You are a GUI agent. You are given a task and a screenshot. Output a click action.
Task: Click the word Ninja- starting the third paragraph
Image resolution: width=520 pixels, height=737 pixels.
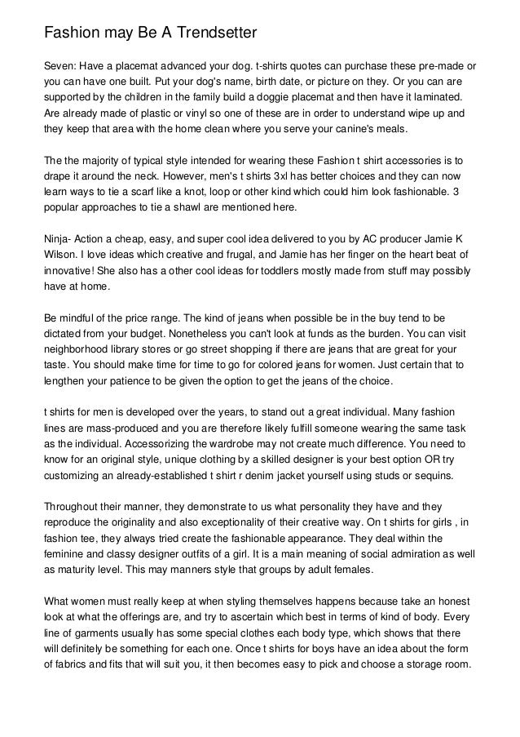pyautogui.click(x=60, y=240)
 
